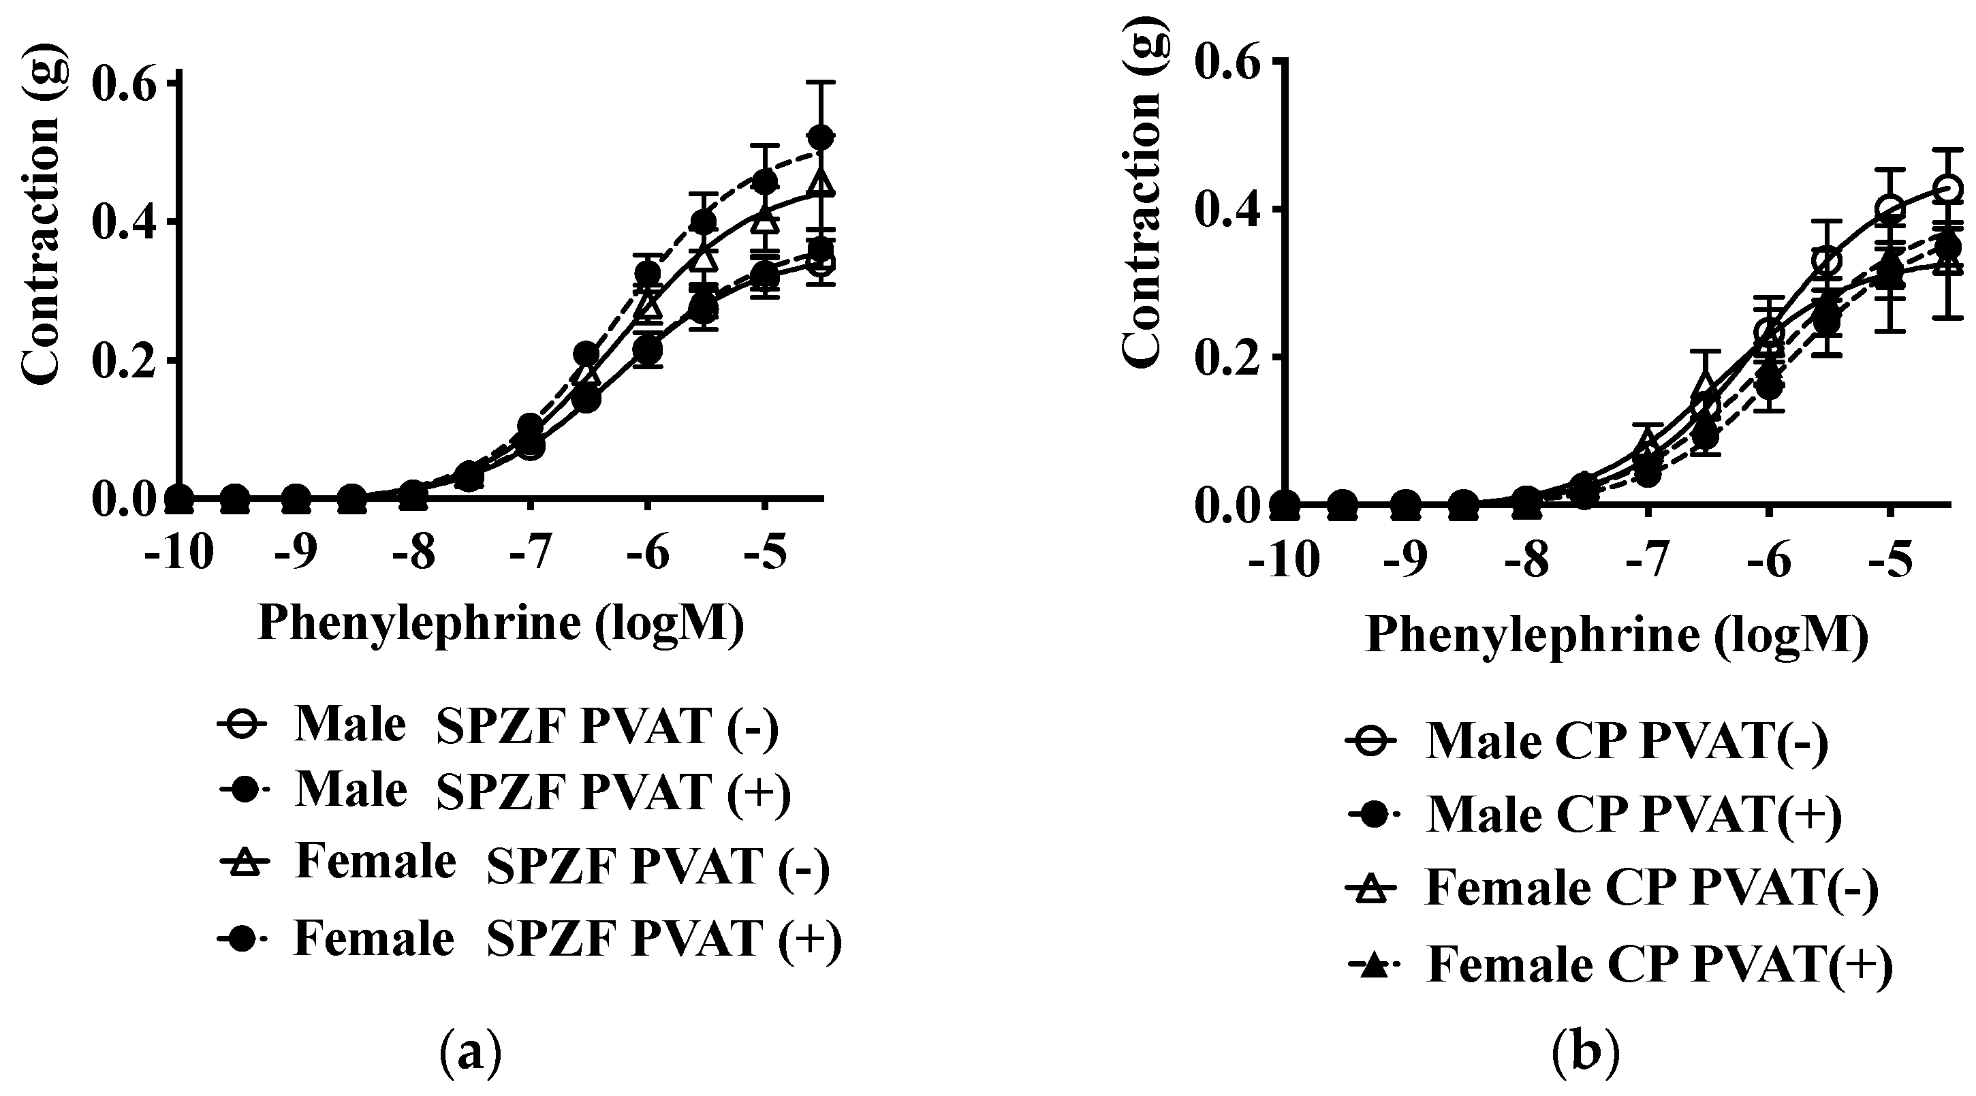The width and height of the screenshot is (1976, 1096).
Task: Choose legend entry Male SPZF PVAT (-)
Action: pos(499,725)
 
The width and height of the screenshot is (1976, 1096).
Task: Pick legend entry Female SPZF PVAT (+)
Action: pos(529,939)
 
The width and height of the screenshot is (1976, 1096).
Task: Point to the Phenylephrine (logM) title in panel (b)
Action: pos(1617,635)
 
